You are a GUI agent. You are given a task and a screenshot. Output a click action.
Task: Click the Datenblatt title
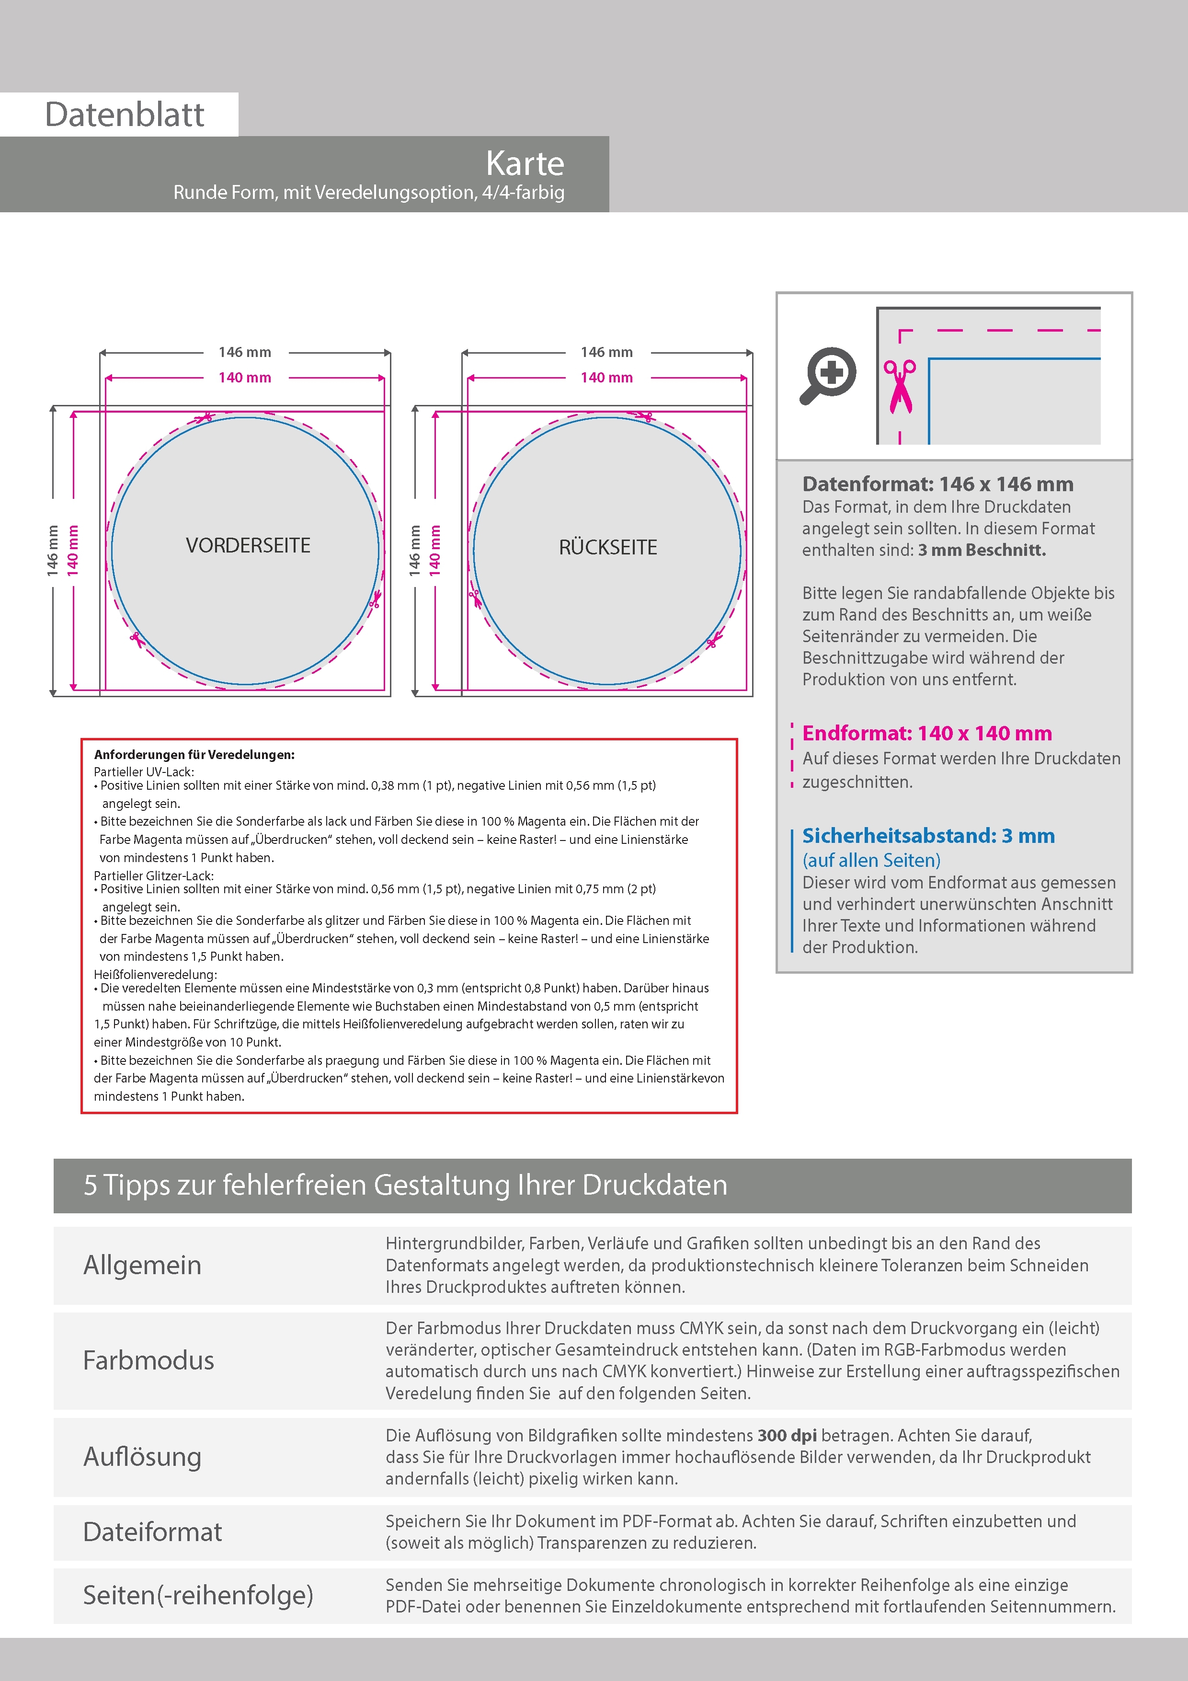click(125, 114)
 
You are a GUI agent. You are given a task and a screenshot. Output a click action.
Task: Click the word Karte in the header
click(525, 163)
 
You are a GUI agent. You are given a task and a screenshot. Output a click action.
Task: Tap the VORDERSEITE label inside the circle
click(248, 545)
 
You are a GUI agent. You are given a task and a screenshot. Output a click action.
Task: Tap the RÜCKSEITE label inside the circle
click(607, 547)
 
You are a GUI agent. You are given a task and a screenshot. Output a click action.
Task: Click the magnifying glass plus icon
click(828, 375)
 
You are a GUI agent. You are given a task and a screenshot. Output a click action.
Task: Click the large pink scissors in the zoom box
click(900, 386)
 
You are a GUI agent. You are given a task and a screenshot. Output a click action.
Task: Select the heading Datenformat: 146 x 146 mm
click(937, 484)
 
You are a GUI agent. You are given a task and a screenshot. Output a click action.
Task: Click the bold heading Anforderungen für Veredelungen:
click(194, 754)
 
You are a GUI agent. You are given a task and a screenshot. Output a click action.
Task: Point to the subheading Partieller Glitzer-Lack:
click(154, 875)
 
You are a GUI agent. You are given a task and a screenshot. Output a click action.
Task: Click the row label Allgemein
click(142, 1265)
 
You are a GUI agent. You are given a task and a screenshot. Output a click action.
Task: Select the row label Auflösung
click(142, 1456)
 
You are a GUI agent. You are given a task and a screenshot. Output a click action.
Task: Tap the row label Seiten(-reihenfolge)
click(198, 1595)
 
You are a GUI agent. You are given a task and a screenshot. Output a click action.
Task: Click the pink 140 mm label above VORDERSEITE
click(244, 378)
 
